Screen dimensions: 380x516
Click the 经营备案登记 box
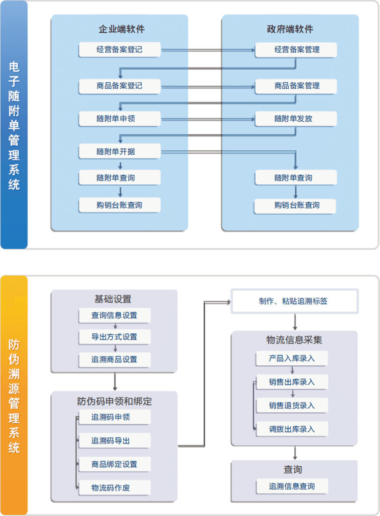pos(119,49)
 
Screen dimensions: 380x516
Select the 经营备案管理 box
pos(296,50)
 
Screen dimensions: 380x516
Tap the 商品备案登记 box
pos(119,86)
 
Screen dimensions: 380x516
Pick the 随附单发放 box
pos(296,119)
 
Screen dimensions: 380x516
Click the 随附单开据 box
pos(119,151)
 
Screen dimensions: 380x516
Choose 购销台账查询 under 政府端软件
pos(295,206)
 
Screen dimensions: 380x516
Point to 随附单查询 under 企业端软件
pos(119,177)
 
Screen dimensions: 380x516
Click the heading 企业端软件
pos(121,29)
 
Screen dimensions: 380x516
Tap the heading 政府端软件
pos(290,29)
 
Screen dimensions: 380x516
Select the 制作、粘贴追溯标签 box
pos(294,301)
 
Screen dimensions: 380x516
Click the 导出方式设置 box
pos(114,337)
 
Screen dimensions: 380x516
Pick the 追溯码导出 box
pos(114,441)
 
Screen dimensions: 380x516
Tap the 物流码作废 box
pos(114,488)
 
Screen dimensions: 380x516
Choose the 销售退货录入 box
pos(292,405)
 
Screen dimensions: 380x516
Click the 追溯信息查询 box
pos(292,486)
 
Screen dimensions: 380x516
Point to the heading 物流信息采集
pos(294,340)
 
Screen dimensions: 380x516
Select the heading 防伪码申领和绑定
pos(114,401)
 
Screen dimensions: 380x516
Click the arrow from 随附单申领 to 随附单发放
pos(208,119)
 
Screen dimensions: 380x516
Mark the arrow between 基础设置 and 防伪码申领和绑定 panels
pos(115,381)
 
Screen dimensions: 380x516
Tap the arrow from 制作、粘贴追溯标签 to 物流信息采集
pos(295,322)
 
